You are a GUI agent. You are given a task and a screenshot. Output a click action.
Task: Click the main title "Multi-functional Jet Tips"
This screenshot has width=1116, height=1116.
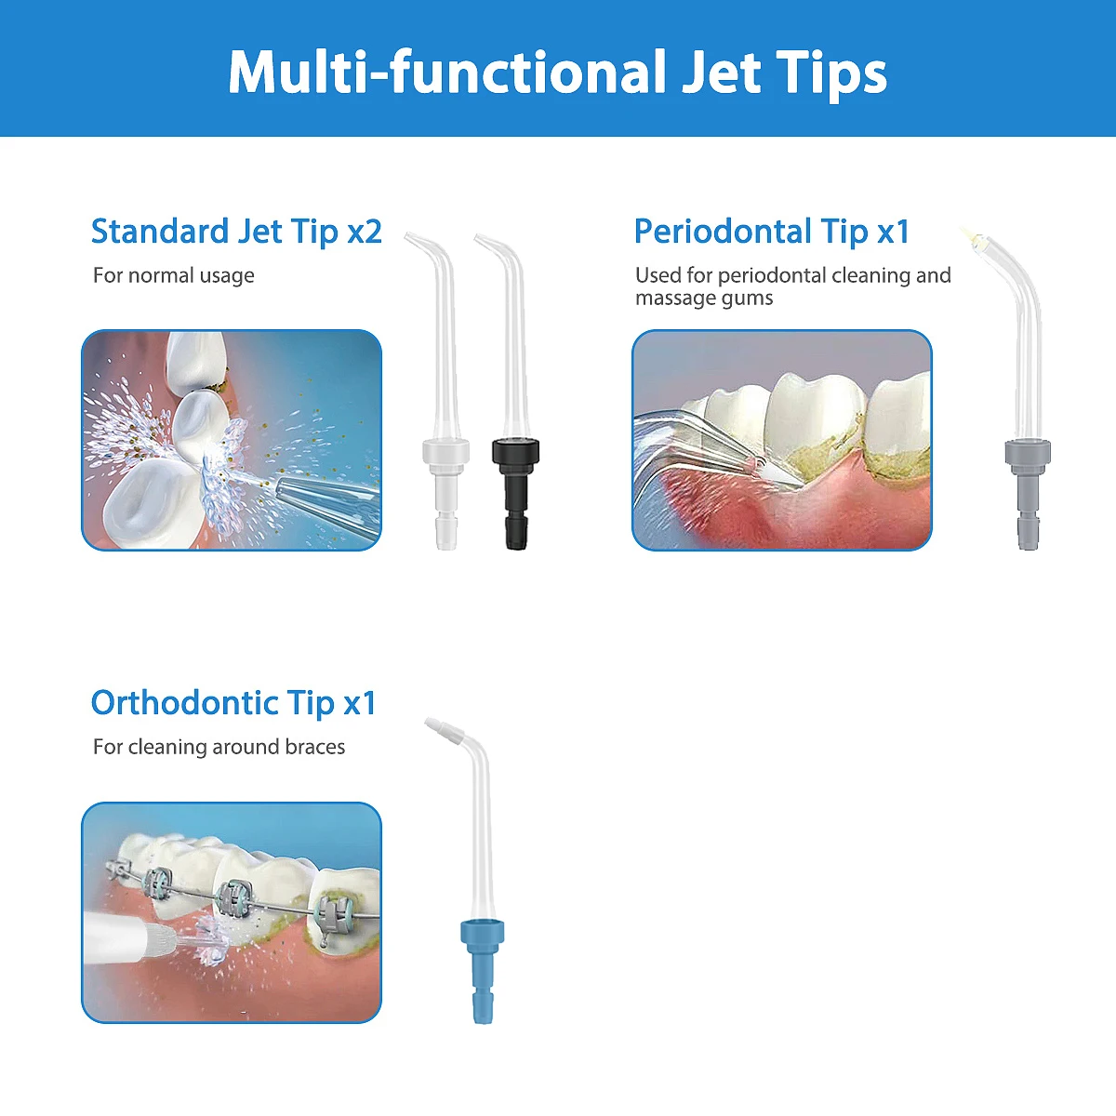point(558,73)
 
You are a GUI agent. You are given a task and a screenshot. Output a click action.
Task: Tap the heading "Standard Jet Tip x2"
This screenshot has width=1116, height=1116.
point(236,232)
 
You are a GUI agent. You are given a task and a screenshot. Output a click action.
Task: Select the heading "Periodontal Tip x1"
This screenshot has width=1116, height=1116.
point(771,232)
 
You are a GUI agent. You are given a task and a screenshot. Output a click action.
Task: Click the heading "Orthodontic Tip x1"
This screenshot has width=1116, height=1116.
point(233,703)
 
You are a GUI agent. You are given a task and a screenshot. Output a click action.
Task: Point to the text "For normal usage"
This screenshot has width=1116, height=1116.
point(174,275)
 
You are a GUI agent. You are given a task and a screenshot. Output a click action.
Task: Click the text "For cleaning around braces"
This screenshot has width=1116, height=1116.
point(219,747)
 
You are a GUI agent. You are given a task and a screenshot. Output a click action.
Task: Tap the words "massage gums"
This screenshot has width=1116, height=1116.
point(704,299)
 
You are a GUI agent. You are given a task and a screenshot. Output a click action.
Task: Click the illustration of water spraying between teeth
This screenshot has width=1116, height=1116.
point(232,440)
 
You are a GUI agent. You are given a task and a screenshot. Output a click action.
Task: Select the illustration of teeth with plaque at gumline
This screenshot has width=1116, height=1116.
point(782,440)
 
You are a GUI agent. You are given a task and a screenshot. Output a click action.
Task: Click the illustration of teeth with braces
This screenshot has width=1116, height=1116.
point(232,912)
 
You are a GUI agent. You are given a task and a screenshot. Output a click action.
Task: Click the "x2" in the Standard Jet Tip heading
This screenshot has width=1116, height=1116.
point(365,232)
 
